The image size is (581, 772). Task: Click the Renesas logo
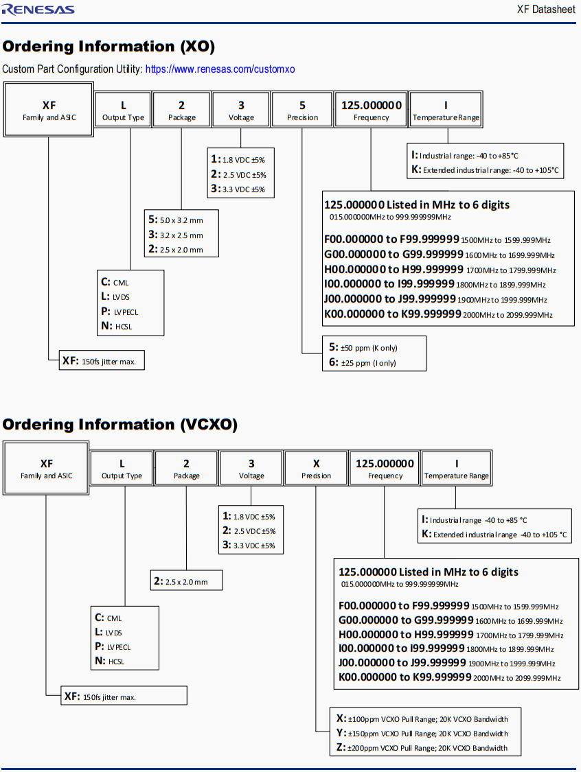coord(38,9)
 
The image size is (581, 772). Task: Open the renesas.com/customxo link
coord(220,69)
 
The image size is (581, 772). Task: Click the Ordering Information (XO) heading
coord(109,47)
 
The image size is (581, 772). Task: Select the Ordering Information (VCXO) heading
coord(119,425)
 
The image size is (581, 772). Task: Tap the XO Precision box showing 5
coord(302,110)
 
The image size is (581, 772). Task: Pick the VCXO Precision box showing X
coord(316,469)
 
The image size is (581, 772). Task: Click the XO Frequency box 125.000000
coord(371,110)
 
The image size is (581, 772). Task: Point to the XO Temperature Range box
coord(446,110)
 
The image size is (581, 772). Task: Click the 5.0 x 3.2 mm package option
coord(181,220)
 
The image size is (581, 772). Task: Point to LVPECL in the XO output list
coord(121,312)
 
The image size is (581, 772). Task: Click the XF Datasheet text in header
coord(546,10)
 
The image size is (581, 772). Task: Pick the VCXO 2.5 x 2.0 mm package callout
coord(186,581)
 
